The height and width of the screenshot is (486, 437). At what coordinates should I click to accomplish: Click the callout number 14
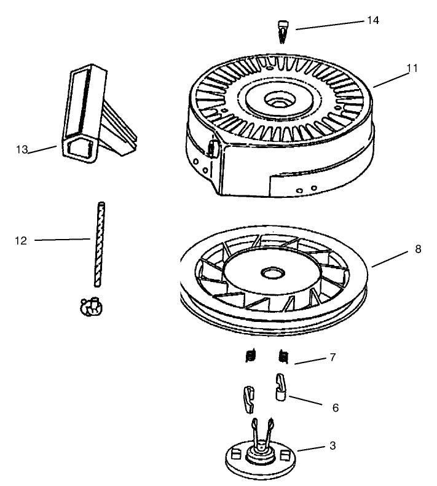coord(373,20)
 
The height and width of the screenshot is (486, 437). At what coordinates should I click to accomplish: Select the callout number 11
coord(412,68)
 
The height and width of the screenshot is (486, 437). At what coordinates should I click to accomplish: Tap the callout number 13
coord(22,149)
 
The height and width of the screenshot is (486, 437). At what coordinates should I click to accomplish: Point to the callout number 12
coord(20,240)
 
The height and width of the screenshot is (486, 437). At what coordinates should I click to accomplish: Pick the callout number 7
coord(332,357)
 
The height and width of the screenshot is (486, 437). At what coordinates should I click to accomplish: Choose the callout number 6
coord(334,407)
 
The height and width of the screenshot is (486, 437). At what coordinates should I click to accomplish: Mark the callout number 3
coord(332,445)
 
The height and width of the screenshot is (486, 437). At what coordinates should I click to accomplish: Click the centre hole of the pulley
coord(270,271)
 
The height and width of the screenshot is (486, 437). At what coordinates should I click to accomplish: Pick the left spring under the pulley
coord(250,356)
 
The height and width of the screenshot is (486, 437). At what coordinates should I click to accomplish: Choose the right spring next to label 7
coord(284,356)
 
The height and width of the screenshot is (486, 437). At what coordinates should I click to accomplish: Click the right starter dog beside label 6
coord(280,387)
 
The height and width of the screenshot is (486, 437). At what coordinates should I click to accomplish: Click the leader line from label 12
coord(61,240)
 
